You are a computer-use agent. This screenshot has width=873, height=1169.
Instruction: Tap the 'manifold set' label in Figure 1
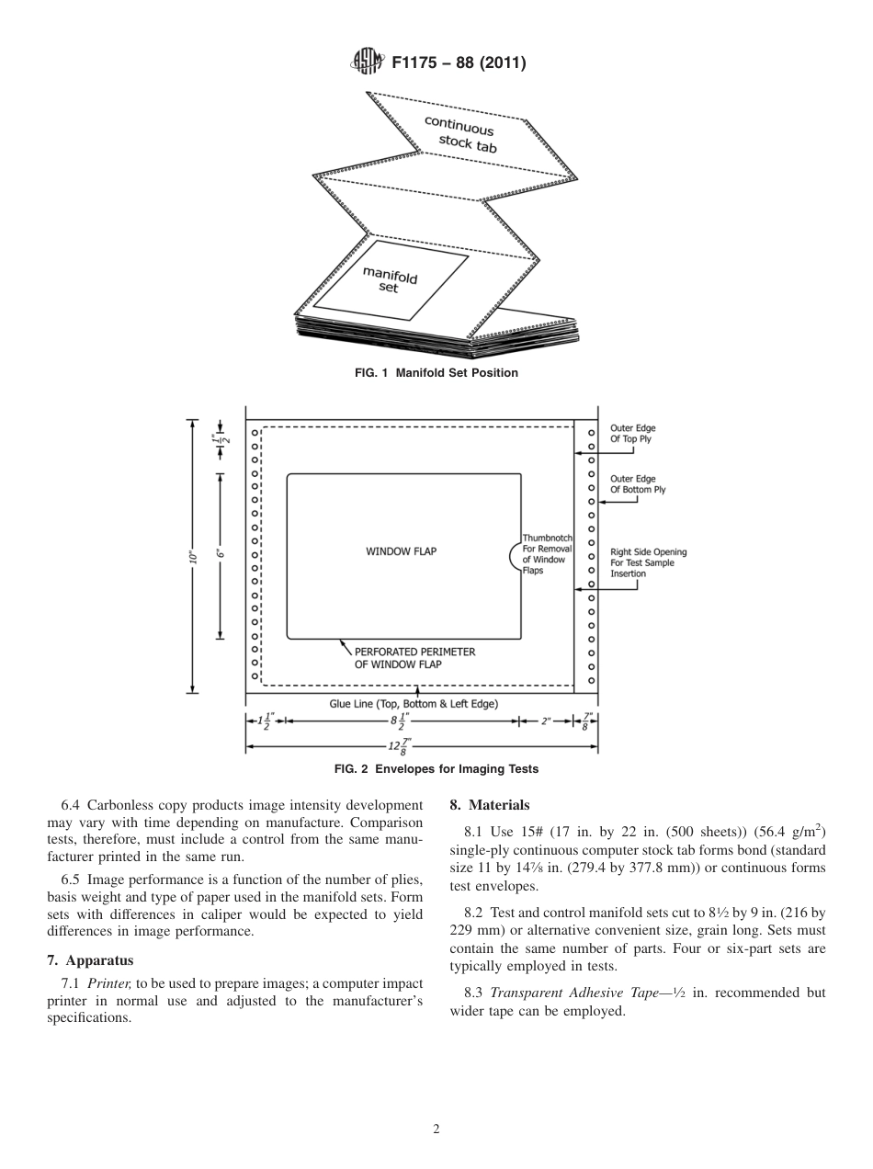[390, 280]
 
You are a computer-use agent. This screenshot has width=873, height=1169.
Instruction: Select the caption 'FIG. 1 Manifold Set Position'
[436, 373]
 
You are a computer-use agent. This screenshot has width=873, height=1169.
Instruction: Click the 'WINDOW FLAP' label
[402, 551]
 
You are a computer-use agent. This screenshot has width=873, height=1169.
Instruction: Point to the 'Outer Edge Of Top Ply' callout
[632, 434]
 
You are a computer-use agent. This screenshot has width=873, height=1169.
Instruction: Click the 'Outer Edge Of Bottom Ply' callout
[638, 484]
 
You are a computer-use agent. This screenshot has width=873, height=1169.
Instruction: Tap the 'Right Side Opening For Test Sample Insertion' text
[648, 562]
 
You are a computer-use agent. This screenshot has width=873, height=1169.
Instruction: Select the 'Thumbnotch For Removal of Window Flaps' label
[547, 554]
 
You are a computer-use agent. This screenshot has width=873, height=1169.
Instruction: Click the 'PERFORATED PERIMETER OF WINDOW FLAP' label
[414, 658]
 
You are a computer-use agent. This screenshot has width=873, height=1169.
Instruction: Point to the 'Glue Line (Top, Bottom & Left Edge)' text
[414, 704]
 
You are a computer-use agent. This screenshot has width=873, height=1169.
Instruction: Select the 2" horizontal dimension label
[545, 721]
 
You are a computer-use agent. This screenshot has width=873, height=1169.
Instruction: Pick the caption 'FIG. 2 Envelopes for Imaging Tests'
[436, 769]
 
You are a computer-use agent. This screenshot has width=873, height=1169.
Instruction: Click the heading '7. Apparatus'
[90, 960]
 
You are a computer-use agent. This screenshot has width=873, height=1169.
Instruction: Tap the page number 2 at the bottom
[436, 1129]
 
